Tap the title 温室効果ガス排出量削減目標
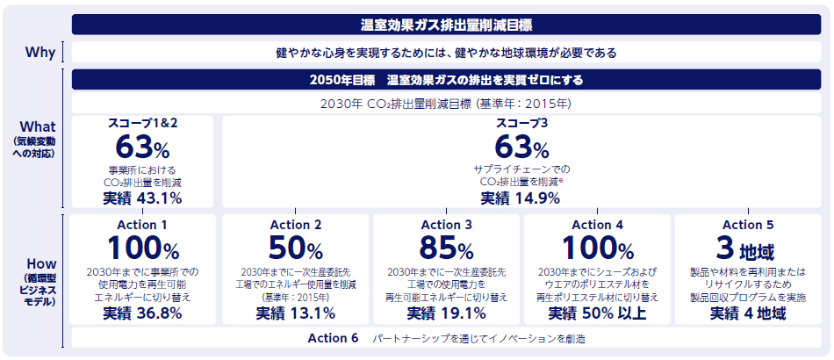(446, 24)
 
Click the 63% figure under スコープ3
(521, 146)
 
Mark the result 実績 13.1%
(296, 313)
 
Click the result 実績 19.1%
(447, 313)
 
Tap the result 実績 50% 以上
(597, 313)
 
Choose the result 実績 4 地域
(748, 313)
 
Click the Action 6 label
(333, 338)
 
